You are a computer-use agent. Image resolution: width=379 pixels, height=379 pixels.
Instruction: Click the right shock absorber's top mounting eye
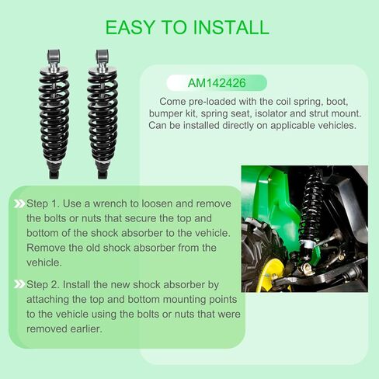[103, 57]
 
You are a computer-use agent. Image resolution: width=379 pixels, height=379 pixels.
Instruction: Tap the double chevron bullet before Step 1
[18, 203]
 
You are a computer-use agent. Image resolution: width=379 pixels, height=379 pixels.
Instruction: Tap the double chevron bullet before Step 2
[18, 284]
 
